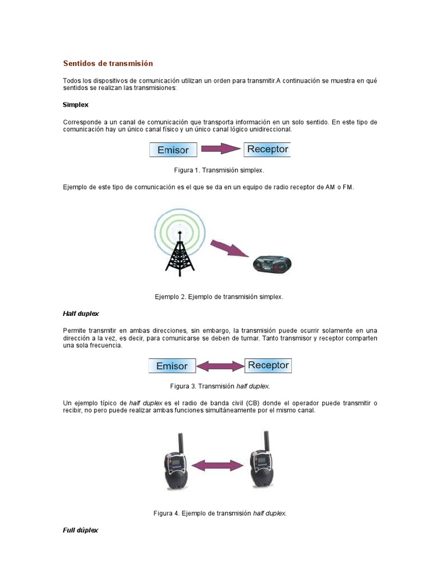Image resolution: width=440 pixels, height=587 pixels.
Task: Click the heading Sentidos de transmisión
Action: (108, 63)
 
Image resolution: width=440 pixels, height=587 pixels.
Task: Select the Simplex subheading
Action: (75, 105)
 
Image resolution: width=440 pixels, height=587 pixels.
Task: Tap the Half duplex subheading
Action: (81, 314)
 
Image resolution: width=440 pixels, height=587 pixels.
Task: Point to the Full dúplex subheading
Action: (80, 530)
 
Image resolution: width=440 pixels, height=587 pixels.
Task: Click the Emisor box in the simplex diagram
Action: (173, 150)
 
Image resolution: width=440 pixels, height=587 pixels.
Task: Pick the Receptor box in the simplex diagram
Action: (268, 150)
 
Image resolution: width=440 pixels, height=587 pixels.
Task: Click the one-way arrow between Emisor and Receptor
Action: (221, 150)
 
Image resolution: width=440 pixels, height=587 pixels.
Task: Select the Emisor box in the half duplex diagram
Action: (172, 366)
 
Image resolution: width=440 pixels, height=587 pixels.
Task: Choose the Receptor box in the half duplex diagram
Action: (268, 365)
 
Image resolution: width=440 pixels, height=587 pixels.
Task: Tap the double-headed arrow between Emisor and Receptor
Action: (221, 366)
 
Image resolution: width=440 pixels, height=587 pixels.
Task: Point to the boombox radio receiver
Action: (272, 264)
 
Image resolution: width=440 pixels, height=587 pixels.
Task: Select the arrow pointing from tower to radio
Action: (229, 249)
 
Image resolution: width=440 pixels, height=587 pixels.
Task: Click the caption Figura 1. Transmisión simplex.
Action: (219, 170)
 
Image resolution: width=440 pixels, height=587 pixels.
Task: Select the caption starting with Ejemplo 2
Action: (219, 297)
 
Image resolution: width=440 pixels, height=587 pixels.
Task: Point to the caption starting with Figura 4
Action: (219, 513)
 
